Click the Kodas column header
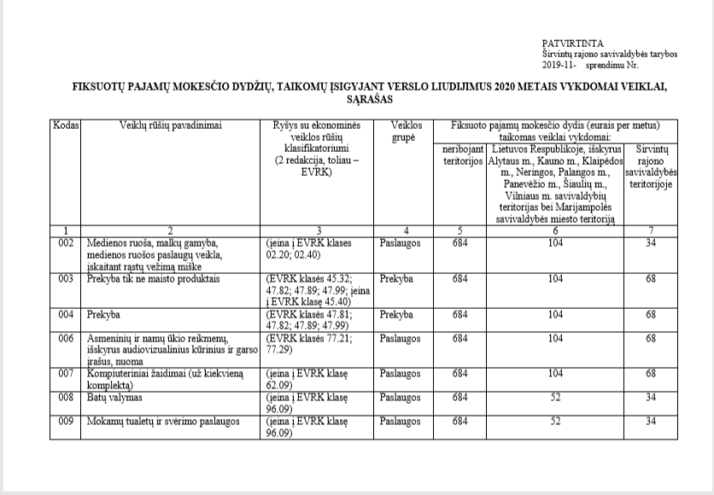[x=66, y=125]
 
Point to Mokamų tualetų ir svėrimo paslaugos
[x=162, y=421]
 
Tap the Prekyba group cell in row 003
[x=397, y=278]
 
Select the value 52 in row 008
[x=555, y=397]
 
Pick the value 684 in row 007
[x=460, y=374]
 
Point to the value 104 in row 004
[x=555, y=314]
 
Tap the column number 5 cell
[x=460, y=230]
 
